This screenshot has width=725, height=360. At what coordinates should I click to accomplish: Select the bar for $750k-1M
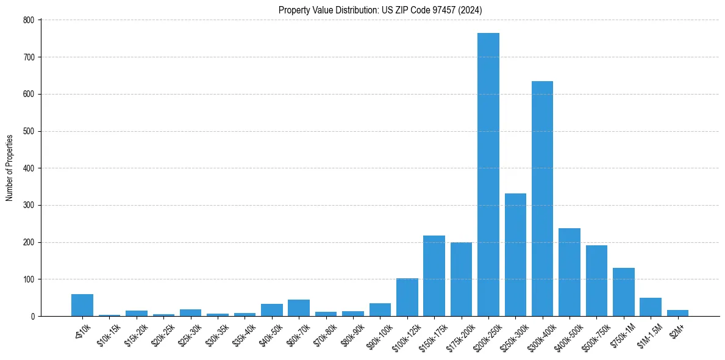click(623, 292)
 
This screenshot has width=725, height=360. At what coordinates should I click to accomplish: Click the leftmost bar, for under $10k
click(82, 305)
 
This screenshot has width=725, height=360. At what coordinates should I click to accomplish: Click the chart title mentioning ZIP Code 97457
click(380, 10)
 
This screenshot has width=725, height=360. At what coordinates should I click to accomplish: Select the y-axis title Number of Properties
click(10, 168)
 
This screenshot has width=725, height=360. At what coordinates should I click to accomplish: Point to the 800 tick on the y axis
click(30, 20)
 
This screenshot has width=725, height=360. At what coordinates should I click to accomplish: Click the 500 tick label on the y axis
click(30, 131)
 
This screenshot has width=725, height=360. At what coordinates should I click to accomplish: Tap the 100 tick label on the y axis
click(30, 279)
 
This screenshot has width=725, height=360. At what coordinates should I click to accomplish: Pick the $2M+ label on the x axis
click(676, 330)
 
